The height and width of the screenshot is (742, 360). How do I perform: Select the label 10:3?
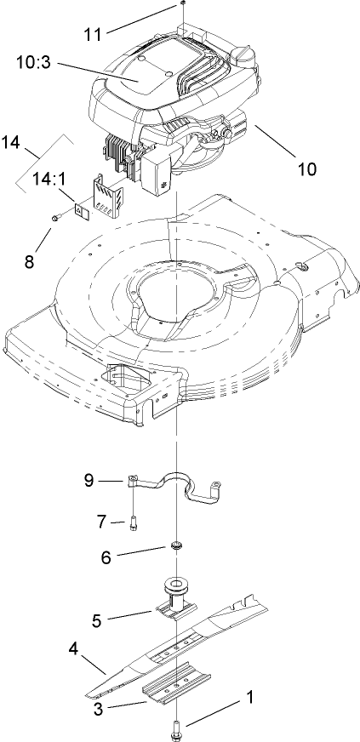coord(38,62)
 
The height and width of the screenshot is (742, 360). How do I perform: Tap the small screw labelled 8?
coord(55,219)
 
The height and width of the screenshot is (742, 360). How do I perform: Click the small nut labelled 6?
coord(177,545)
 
